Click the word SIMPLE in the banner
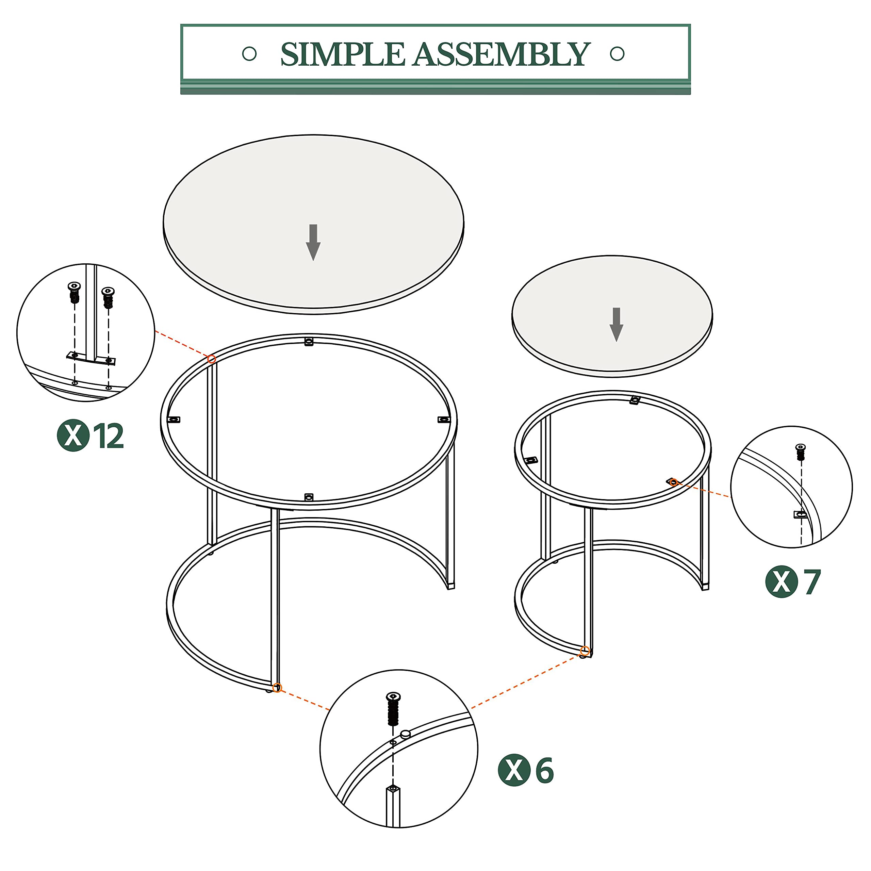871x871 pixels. coord(342,54)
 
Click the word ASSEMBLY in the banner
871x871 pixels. coord(500,54)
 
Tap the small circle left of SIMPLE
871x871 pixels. coord(249,54)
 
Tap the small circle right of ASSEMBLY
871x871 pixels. coord(617,54)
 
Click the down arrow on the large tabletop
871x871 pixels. coord(313,242)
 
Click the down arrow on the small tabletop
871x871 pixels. coord(616,324)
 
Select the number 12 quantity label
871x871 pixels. coord(108,436)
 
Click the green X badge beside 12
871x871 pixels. coord(72,435)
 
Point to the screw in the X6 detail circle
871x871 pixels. coord(393,709)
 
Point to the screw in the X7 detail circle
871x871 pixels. coord(801,452)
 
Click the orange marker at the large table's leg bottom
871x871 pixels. coord(277,688)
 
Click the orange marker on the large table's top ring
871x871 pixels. coord(211,359)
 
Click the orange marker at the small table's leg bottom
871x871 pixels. coord(585,651)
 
